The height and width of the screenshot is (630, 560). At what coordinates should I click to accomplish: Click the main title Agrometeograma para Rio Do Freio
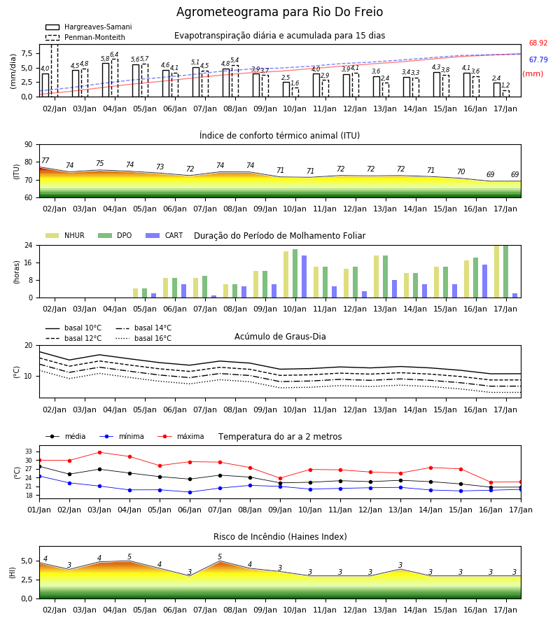click(x=279, y=12)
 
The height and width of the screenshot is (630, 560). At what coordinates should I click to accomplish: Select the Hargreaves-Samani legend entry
click(x=89, y=27)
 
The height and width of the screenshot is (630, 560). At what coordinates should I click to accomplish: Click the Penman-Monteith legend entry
click(x=85, y=37)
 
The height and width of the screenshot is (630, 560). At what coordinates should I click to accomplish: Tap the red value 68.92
click(x=538, y=43)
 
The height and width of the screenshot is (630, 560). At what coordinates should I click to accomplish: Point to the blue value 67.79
click(x=538, y=60)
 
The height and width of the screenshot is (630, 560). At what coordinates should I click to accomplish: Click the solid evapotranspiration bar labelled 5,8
click(x=106, y=80)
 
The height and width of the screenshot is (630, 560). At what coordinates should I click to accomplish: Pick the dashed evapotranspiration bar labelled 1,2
click(x=506, y=94)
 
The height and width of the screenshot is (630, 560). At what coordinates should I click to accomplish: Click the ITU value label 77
click(x=45, y=160)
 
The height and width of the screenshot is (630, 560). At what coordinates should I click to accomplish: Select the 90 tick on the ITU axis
click(x=29, y=145)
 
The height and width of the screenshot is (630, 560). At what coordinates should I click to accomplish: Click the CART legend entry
click(x=164, y=235)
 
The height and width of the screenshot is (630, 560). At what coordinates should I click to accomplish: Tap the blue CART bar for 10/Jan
click(x=304, y=276)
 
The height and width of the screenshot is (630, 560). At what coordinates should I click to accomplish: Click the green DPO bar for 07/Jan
click(x=205, y=287)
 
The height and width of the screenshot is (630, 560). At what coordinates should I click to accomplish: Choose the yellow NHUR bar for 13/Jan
click(x=377, y=276)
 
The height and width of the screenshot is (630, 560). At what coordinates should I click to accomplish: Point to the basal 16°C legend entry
click(x=143, y=338)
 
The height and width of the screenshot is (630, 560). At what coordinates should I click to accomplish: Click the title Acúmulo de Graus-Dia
click(x=280, y=337)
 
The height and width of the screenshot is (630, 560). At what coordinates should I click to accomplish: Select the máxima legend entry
click(x=181, y=436)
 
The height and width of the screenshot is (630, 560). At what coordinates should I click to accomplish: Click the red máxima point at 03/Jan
click(x=99, y=452)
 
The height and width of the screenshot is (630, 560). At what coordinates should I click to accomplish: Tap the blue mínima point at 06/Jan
click(x=190, y=492)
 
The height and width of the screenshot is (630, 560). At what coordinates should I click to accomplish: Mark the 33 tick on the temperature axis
click(x=29, y=451)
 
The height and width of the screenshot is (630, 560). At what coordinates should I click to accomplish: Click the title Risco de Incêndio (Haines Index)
click(x=280, y=537)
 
